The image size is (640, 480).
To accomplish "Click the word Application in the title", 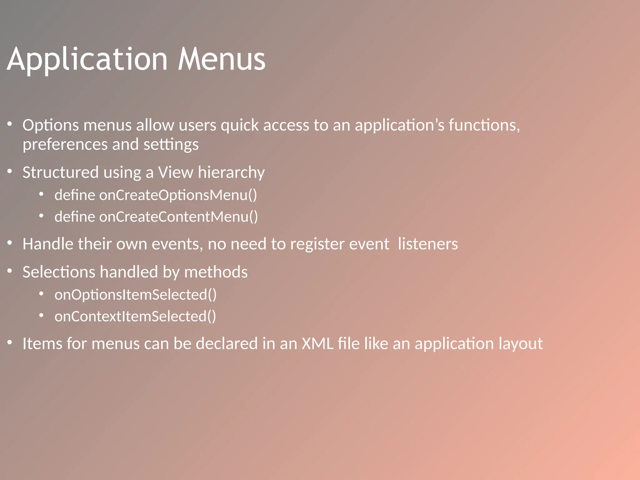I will (87, 59).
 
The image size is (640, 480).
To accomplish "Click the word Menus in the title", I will (222, 59).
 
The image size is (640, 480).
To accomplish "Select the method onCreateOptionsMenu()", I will (178, 195).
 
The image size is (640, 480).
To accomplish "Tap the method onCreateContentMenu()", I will (179, 217).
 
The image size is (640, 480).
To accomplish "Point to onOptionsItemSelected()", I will (136, 295).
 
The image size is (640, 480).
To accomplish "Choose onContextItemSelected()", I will (135, 316).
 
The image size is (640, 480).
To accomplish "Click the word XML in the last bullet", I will (317, 343).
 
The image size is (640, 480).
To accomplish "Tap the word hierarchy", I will (231, 172).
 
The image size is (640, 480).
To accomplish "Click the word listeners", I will (428, 244).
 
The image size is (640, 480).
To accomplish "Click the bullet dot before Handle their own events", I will (10, 243).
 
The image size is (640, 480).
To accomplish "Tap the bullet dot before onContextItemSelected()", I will (41, 315).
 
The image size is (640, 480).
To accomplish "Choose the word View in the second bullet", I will (175, 172).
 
